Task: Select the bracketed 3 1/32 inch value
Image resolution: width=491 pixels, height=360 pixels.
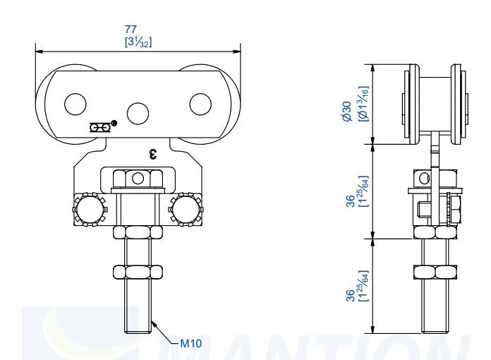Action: [138, 41]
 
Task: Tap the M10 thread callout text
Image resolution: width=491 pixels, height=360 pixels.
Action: [191, 343]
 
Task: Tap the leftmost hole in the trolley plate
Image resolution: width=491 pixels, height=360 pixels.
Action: [75, 104]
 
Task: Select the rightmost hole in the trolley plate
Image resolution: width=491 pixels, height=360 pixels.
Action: [200, 104]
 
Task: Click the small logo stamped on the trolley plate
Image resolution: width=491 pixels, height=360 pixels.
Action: [102, 127]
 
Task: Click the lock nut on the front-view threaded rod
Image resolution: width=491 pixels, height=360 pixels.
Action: [138, 270]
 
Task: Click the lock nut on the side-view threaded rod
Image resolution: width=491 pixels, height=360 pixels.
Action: [435, 271]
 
